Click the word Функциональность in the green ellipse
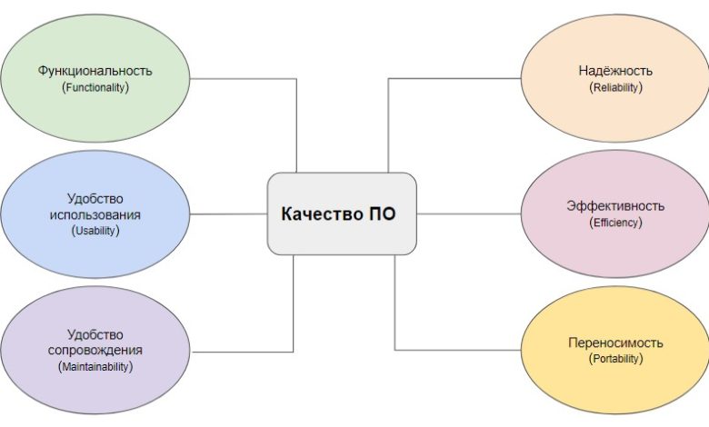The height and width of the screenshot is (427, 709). coord(95,71)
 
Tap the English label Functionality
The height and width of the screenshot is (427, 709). coord(95,87)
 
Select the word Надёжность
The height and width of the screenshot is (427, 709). coord(615,71)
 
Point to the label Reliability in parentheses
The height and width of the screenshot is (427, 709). coord(615,87)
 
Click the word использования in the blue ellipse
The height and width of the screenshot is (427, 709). coord(95,214)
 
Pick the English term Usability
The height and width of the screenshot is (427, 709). coord(95,231)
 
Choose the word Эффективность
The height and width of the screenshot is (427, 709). coord(615,206)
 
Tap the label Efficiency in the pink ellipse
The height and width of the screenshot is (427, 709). coord(615,223)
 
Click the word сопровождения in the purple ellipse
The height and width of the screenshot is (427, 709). coord(95,350)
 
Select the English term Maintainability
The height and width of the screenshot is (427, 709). coord(95,366)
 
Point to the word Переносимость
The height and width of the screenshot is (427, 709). coord(615,343)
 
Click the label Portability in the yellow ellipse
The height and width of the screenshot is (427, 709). coord(615,359)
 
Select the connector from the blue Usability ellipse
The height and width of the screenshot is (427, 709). coord(229,213)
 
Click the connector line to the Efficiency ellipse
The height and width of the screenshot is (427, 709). coord(468,213)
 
